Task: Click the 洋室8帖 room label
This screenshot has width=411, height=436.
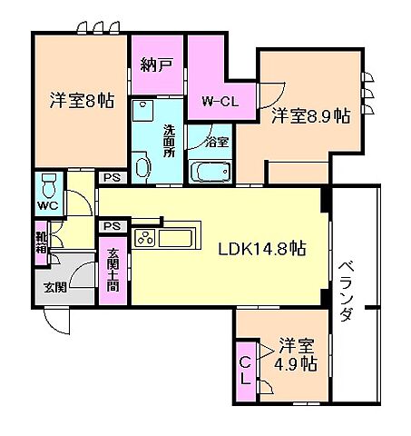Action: [82, 102]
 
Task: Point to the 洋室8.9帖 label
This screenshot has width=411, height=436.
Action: [311, 115]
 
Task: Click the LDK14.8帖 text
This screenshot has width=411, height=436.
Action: [259, 252]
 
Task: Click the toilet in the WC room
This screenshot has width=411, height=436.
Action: [51, 189]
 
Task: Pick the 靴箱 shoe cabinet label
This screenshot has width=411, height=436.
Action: [42, 246]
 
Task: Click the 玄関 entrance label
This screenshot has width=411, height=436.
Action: [54, 288]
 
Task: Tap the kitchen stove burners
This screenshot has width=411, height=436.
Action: [145, 239]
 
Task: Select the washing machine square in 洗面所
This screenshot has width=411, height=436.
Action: [142, 112]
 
